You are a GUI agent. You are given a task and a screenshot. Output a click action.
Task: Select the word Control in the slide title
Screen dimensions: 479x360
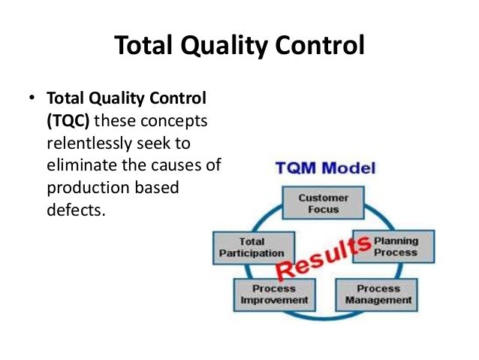[316, 47]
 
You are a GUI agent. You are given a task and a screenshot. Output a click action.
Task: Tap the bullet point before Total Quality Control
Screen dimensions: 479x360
[31, 99]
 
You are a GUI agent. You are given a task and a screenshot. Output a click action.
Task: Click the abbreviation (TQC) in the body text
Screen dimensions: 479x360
[69, 121]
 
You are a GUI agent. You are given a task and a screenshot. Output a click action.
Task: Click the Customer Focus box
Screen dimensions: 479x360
[324, 204]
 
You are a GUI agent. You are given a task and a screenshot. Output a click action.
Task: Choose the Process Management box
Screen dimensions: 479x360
[378, 294]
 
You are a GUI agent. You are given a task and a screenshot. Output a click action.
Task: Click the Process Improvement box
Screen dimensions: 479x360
[274, 294]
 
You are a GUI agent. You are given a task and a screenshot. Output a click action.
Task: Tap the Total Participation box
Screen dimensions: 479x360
[252, 247]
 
